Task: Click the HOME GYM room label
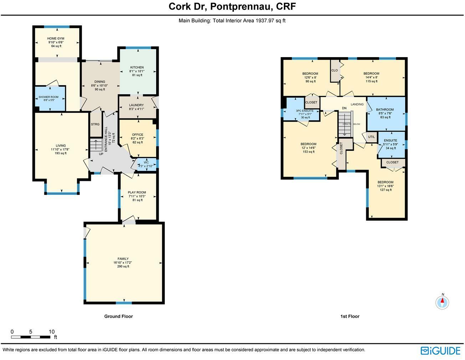tap(56, 39)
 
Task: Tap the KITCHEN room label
tap(137, 67)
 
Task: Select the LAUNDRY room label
tap(136, 105)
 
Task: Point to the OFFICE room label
tap(137, 135)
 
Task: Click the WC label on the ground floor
tap(146, 162)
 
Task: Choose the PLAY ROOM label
tap(137, 192)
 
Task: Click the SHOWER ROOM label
tap(48, 97)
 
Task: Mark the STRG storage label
tap(95, 125)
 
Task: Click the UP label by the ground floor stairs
tap(101, 154)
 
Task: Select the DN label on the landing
tap(344, 108)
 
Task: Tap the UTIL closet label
tap(372, 137)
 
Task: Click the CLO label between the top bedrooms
tap(334, 70)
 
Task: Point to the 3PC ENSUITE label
tap(305, 111)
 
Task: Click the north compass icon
tap(442, 302)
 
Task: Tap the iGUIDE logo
tap(440, 351)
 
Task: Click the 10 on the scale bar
tap(52, 332)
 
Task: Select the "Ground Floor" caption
tap(118, 316)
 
